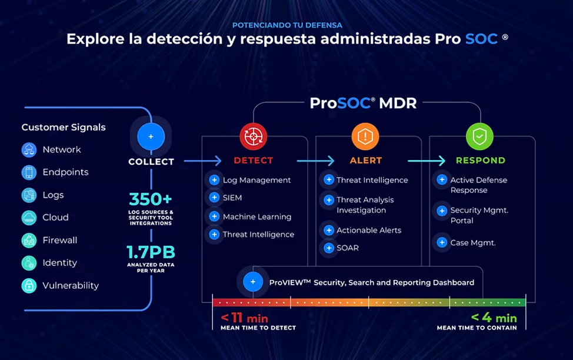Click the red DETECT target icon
pyautogui.click(x=253, y=137)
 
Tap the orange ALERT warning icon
pyautogui.click(x=365, y=137)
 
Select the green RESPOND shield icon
pyautogui.click(x=479, y=137)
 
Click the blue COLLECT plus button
pyautogui.click(x=151, y=136)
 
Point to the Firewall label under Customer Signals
pyautogui.click(x=60, y=240)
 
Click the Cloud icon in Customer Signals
pyautogui.click(x=29, y=218)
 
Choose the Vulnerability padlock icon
pyautogui.click(x=29, y=286)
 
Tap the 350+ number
pyautogui.click(x=151, y=199)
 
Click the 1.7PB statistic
pyautogui.click(x=151, y=252)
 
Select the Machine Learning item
pyautogui.click(x=257, y=216)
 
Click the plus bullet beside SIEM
pyautogui.click(x=214, y=198)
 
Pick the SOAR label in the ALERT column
pyautogui.click(x=348, y=248)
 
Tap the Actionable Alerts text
pyautogui.click(x=369, y=230)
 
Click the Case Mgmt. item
pyautogui.click(x=473, y=242)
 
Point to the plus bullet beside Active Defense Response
pyautogui.click(x=442, y=180)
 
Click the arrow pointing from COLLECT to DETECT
pyautogui.click(x=202, y=161)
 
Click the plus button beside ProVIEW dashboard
pyautogui.click(x=253, y=282)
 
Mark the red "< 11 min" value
pyautogui.click(x=244, y=318)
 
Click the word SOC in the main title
pyautogui.click(x=481, y=39)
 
